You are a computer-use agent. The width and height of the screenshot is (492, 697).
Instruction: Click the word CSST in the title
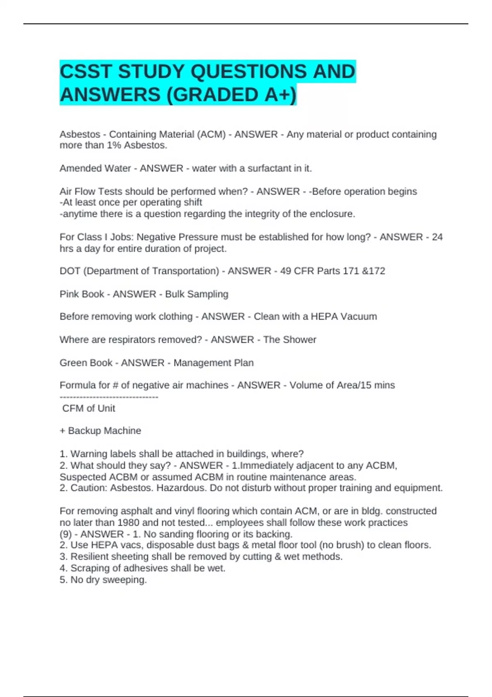click(85, 72)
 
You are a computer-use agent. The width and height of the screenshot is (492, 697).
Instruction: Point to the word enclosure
click(332, 214)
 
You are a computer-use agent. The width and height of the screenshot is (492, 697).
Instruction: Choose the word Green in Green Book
click(73, 362)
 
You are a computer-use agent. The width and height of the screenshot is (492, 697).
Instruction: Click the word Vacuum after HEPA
click(359, 317)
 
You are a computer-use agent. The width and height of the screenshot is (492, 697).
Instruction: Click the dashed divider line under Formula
click(109, 397)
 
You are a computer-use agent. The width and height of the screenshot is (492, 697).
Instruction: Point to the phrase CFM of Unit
click(89, 408)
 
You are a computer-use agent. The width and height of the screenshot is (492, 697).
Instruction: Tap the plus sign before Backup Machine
click(62, 431)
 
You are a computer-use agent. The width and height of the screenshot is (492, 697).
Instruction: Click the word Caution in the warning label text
click(89, 488)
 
